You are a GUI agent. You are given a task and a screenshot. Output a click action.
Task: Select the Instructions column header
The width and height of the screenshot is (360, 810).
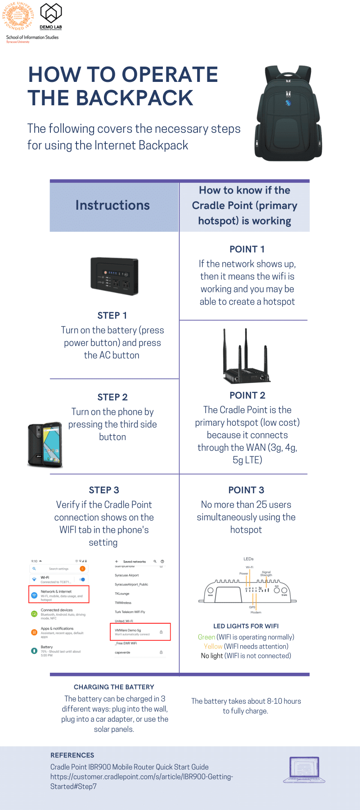(112, 205)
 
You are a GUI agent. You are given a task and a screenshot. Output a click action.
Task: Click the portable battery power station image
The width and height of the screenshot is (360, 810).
(114, 276)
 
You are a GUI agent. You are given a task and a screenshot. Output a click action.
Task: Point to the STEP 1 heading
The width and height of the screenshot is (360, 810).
(112, 315)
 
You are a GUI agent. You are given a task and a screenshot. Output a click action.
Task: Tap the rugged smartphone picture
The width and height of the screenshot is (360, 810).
(45, 445)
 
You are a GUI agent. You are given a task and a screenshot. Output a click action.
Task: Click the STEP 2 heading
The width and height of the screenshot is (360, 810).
(112, 397)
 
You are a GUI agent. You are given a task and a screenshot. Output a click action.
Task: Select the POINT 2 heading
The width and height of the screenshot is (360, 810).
(247, 396)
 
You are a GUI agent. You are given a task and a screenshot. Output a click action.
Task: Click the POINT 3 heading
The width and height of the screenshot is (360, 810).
(246, 490)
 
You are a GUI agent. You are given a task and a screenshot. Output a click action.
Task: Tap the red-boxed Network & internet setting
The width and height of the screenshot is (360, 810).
(59, 594)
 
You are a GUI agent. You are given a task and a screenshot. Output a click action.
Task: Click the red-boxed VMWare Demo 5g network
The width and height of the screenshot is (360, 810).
(140, 632)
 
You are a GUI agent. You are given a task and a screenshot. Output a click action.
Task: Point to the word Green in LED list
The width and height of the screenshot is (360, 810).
(207, 637)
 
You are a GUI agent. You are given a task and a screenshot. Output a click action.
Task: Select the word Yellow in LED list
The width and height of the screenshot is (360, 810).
(213, 647)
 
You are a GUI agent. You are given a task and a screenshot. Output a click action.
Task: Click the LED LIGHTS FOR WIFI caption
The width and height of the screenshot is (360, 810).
(246, 626)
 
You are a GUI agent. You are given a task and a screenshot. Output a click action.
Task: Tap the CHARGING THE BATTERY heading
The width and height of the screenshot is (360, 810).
(114, 687)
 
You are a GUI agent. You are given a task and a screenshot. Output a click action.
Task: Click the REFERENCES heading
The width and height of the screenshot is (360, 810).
(72, 755)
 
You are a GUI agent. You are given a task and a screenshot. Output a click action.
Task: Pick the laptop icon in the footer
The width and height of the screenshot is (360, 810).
(304, 770)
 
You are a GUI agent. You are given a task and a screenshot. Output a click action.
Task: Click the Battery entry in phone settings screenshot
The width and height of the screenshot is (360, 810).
(47, 647)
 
